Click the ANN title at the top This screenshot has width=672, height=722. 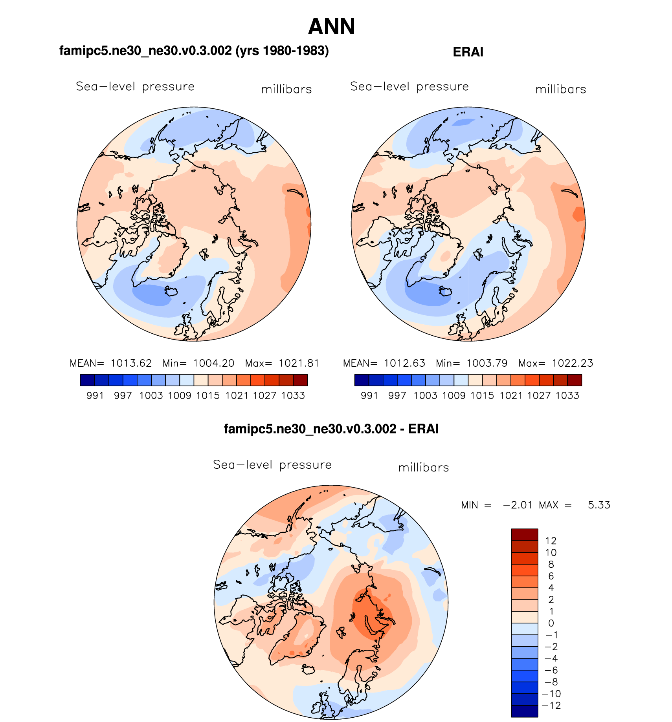point(331,27)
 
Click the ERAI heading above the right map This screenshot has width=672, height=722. point(468,52)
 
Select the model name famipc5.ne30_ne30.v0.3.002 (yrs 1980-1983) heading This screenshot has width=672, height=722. point(194,51)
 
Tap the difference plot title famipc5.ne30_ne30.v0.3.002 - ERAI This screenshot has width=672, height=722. point(331,429)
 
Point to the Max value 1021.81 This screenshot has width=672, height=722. point(299,363)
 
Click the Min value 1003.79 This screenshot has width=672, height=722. point(487,363)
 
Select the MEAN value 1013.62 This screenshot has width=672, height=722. point(131,363)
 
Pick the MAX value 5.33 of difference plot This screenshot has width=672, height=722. point(599,505)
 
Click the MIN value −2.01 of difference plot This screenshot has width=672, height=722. point(518,505)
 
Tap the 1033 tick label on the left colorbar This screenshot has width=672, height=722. point(293,395)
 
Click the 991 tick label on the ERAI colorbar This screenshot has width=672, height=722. point(369,395)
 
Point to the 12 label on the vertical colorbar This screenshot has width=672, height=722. point(551,541)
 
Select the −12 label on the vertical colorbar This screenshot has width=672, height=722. point(551,706)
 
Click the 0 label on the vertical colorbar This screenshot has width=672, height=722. point(551,623)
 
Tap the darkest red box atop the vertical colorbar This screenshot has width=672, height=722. point(524,535)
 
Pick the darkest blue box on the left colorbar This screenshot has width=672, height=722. point(87,380)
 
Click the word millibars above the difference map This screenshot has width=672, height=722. point(423,468)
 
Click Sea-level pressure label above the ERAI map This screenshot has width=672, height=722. point(409,86)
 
